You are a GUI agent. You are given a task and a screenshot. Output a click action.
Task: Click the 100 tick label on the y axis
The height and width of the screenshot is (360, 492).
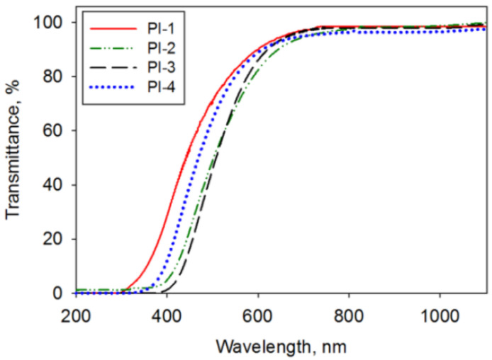(55, 23)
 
